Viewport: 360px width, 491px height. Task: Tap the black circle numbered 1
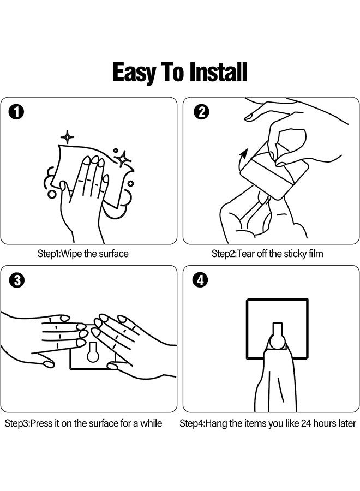click(x=16, y=112)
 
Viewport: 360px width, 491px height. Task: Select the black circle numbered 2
click(x=202, y=112)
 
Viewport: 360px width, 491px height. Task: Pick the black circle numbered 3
click(x=17, y=280)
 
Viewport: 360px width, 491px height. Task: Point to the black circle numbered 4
click(x=200, y=280)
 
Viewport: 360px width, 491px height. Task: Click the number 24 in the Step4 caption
click(x=306, y=423)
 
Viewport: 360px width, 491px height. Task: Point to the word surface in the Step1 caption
click(x=113, y=254)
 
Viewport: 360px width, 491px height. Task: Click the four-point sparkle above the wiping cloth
click(x=67, y=137)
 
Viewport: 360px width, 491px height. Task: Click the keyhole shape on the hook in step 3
click(x=92, y=352)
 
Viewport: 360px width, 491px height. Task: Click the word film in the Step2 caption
click(x=316, y=253)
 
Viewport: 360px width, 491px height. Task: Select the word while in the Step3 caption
click(x=151, y=423)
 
